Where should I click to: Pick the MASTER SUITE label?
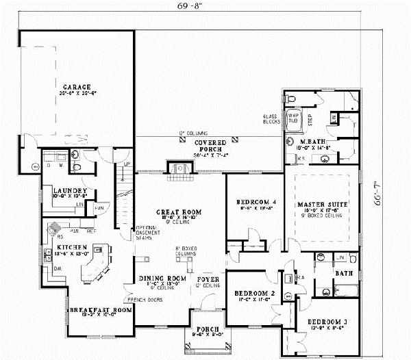coord(321,204)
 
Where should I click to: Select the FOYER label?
coord(208,279)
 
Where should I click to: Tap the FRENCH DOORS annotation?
coord(138,300)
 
